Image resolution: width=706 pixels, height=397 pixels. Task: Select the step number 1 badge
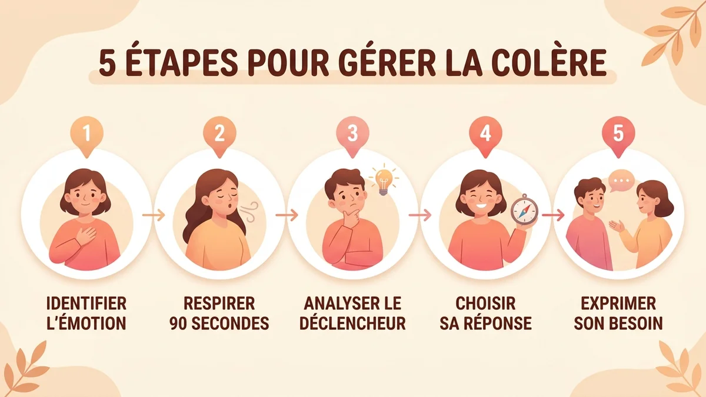87,134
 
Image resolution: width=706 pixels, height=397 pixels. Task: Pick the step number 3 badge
352,134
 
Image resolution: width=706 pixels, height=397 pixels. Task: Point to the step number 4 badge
485,134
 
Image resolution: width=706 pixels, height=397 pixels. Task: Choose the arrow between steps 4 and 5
552,215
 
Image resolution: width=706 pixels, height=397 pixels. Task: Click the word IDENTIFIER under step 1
86,304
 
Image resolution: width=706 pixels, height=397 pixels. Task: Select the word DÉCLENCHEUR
352,323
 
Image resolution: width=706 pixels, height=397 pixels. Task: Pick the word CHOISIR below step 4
485,304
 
